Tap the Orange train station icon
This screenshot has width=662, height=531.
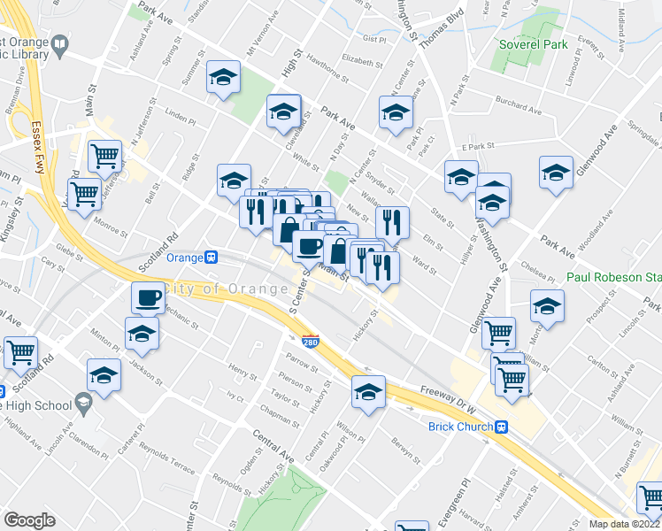coord(212,258)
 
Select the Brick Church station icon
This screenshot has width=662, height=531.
coord(501,427)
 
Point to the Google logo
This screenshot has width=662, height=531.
coord(29,519)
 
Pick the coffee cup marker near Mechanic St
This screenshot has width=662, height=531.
coord(149,296)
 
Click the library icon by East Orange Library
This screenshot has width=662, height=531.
coord(59,43)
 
